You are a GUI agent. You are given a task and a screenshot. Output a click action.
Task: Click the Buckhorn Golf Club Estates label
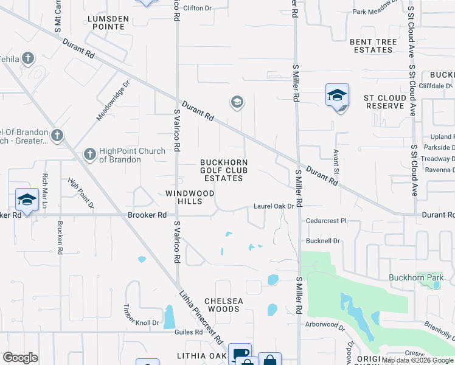[224, 170]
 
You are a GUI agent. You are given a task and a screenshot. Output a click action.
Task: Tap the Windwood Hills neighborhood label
[190, 197]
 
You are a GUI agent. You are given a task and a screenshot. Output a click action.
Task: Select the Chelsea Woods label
[223, 305]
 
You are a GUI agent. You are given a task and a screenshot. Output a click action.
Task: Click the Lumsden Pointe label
[108, 23]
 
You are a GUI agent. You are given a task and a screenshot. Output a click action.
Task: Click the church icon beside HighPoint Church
[89, 155]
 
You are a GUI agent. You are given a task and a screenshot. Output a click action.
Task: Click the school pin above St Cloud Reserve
[337, 96]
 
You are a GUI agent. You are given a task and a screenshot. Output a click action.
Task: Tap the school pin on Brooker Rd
[27, 200]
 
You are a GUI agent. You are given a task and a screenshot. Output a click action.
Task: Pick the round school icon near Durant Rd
[237, 102]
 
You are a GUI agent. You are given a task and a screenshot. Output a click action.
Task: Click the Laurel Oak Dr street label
[274, 207]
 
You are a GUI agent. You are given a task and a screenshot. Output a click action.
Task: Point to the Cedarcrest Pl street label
[325, 221]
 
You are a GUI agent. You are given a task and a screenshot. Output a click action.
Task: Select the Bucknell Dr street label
[322, 241]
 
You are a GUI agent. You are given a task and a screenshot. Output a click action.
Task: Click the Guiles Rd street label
[190, 332]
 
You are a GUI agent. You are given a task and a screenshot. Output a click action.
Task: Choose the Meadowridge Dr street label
[113, 100]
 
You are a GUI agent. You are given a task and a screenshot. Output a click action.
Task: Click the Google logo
[20, 358]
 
